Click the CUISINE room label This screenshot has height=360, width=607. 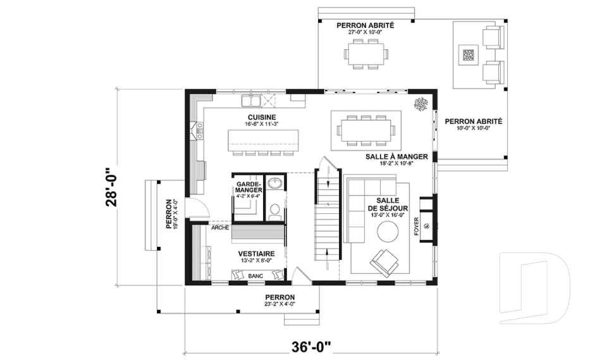pyautogui.click(x=262, y=117)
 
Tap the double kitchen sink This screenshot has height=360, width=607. pyautogui.click(x=251, y=101)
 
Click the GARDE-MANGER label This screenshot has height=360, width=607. pyautogui.click(x=249, y=187)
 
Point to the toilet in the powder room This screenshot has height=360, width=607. pyautogui.click(x=275, y=211)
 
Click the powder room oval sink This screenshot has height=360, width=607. pyautogui.click(x=275, y=182)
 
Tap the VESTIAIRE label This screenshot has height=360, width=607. pyautogui.click(x=256, y=254)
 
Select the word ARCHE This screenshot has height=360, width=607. pyautogui.click(x=220, y=228)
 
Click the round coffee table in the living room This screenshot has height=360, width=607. pyautogui.click(x=388, y=232)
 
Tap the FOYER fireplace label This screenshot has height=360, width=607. pyautogui.click(x=417, y=226)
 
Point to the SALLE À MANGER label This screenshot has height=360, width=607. pyautogui.click(x=397, y=156)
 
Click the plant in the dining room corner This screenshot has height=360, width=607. pyautogui.click(x=421, y=104)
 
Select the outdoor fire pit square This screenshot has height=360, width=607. pyautogui.click(x=469, y=54)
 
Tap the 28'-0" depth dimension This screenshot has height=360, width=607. pyautogui.click(x=111, y=187)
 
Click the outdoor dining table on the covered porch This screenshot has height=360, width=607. pyautogui.click(x=366, y=54)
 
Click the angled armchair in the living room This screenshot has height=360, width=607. pyautogui.click(x=384, y=263)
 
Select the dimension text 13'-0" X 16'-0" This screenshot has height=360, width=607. pyautogui.click(x=388, y=215)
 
